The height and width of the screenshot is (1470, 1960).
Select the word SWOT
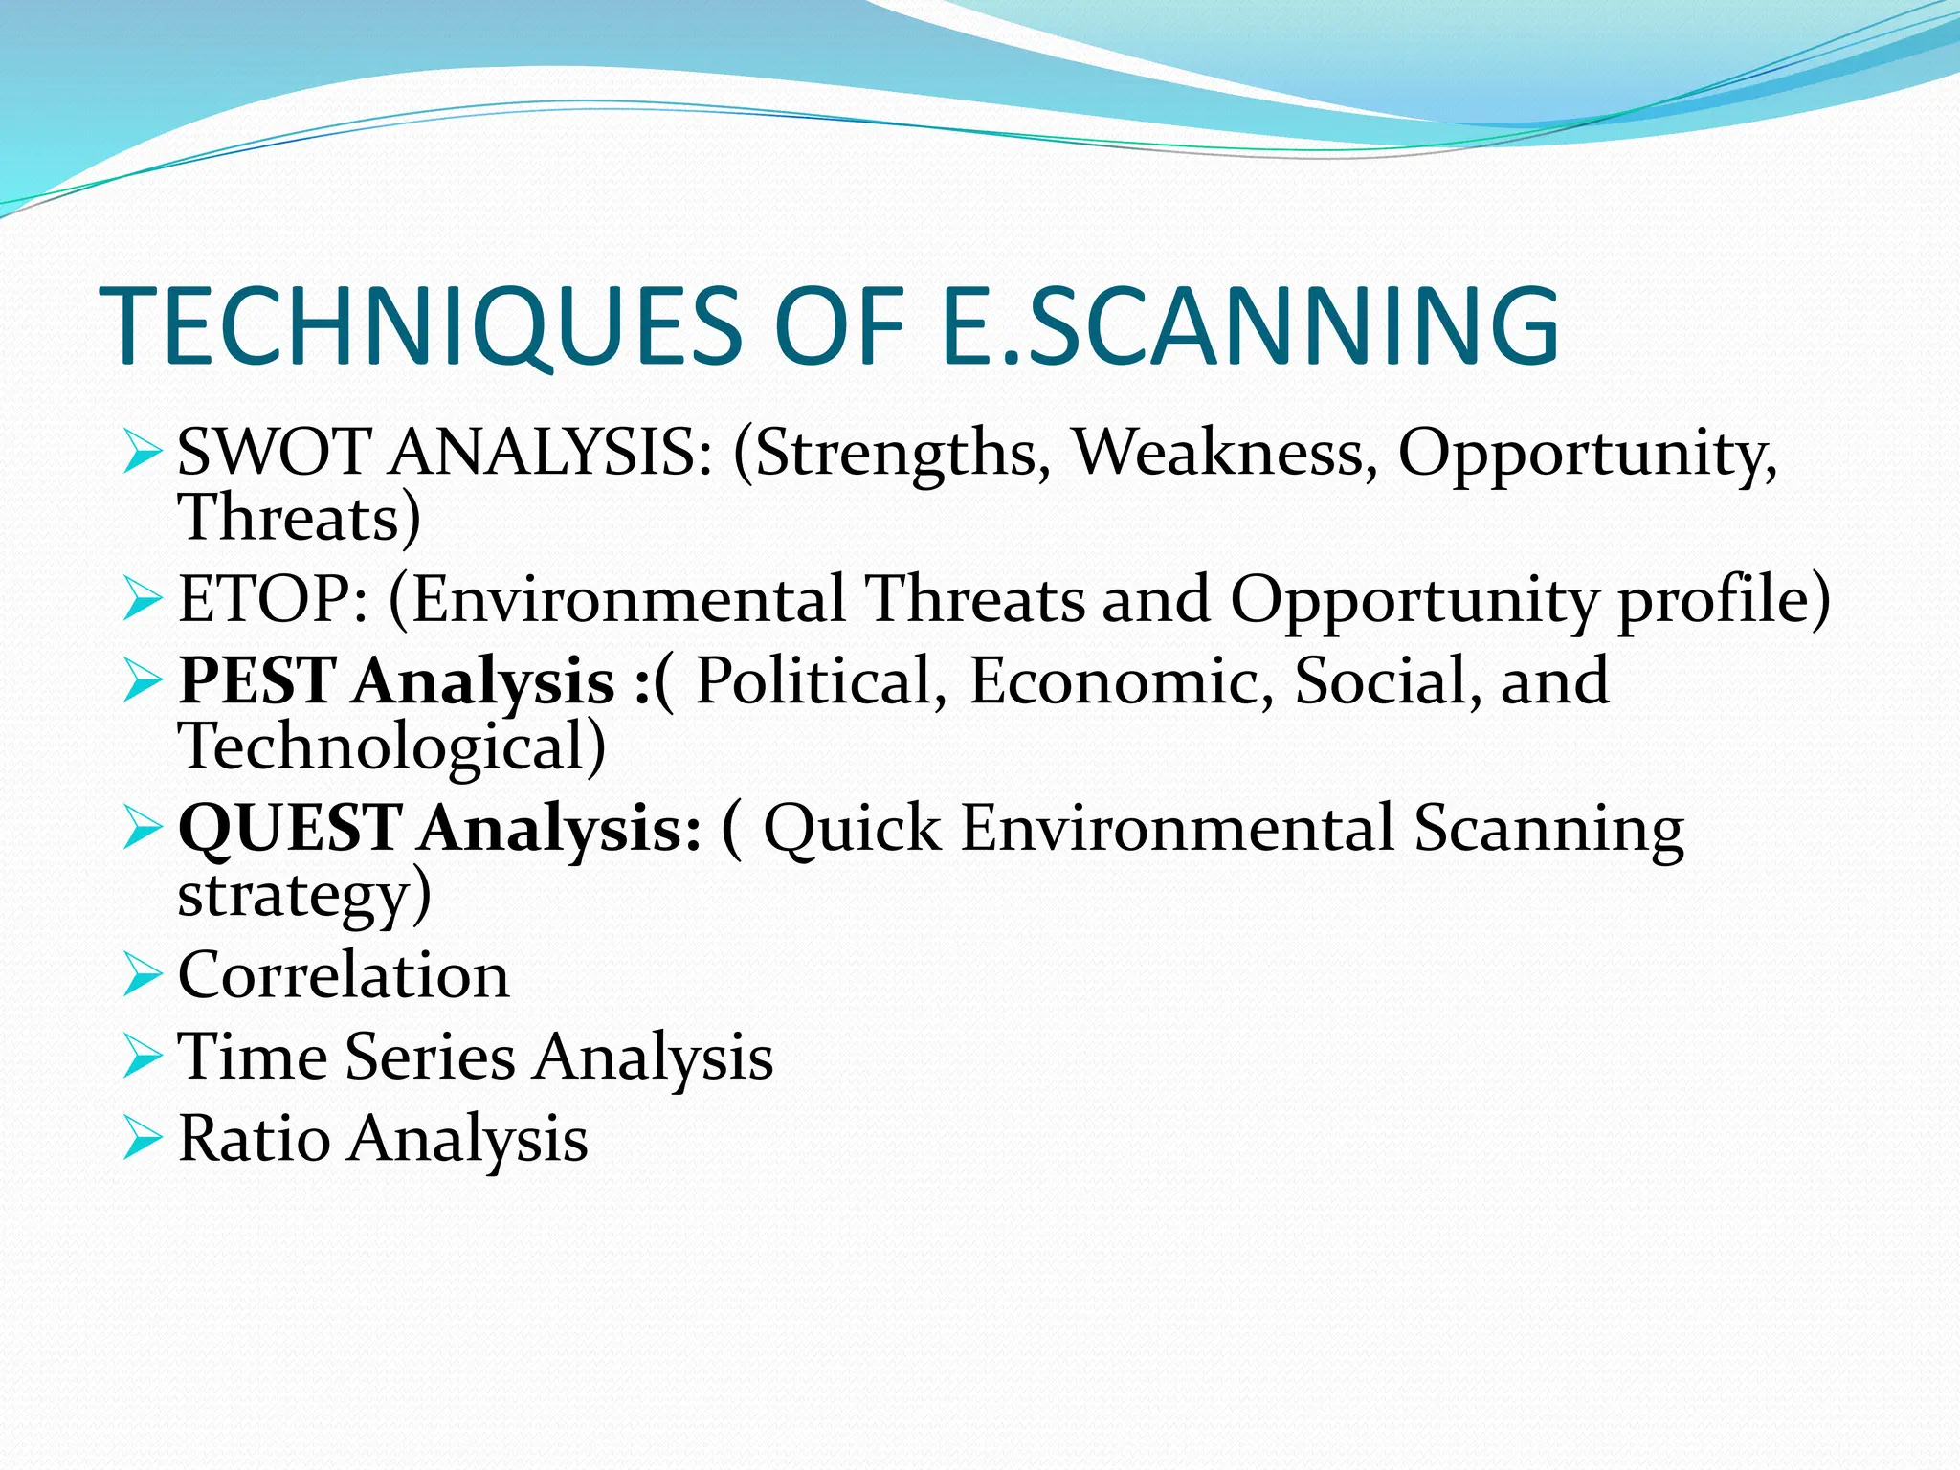click(275, 451)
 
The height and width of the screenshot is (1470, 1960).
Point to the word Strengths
click(895, 453)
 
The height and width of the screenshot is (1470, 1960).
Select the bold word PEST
click(256, 680)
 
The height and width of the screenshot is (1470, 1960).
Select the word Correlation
click(344, 975)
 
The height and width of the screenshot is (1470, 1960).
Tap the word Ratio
click(254, 1139)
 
